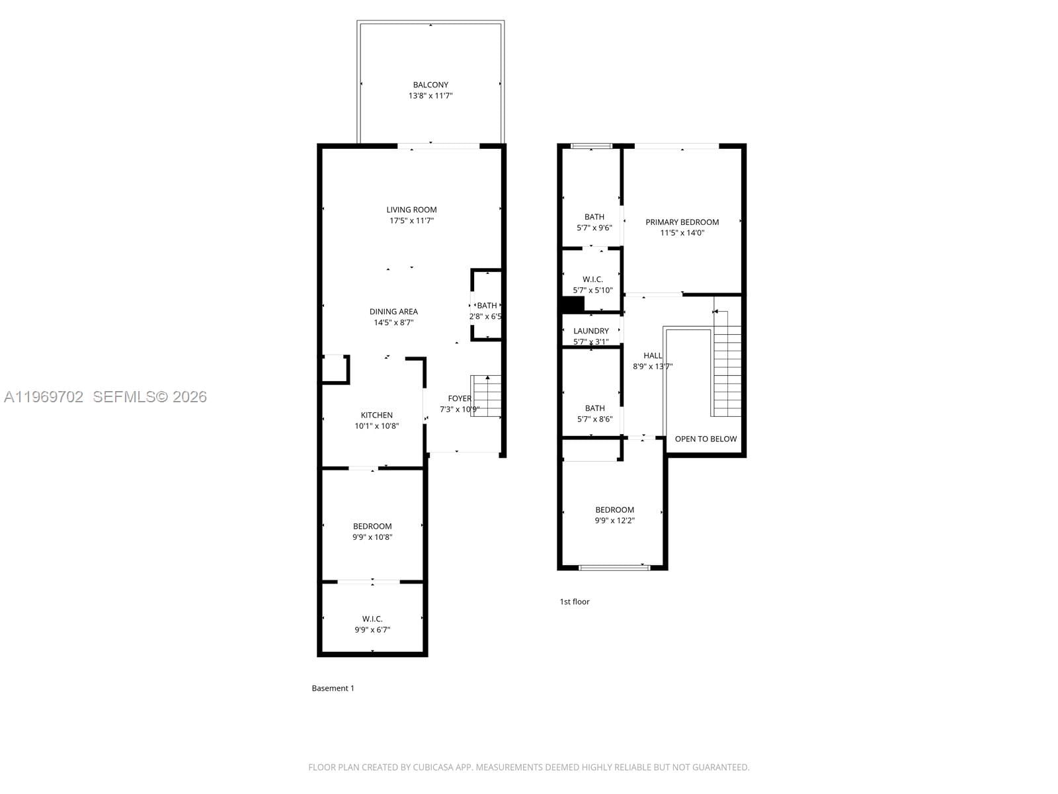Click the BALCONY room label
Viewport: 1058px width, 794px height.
(x=430, y=85)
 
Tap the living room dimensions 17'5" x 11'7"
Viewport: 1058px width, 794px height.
(x=411, y=221)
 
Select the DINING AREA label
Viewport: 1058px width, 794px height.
(x=393, y=312)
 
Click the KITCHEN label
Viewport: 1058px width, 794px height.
(x=376, y=416)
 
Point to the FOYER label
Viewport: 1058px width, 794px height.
(x=460, y=398)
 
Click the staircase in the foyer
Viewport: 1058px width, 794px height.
(x=487, y=396)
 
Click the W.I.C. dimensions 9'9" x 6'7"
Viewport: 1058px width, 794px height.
(x=372, y=630)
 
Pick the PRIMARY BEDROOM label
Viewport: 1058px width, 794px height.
(x=682, y=222)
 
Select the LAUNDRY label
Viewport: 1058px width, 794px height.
(x=590, y=331)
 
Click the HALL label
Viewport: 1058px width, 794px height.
(x=653, y=356)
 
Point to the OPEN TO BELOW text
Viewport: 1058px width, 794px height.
(x=706, y=439)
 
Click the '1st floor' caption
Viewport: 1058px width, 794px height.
(x=574, y=601)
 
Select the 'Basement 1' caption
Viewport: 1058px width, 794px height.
(x=333, y=688)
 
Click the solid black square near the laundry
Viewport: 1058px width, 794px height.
(x=572, y=305)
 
